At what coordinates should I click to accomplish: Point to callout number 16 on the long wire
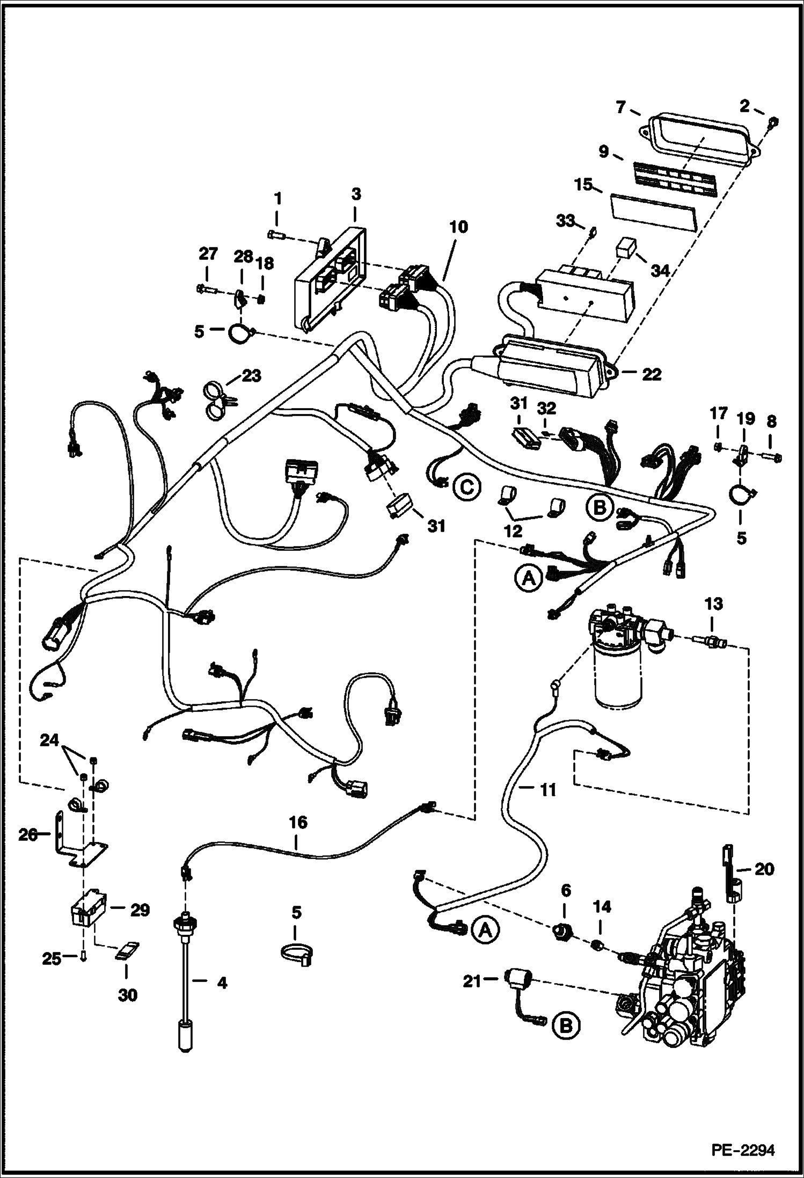click(x=298, y=821)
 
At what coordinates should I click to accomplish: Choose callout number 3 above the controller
click(x=356, y=194)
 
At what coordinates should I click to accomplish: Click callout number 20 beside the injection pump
click(x=764, y=869)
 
